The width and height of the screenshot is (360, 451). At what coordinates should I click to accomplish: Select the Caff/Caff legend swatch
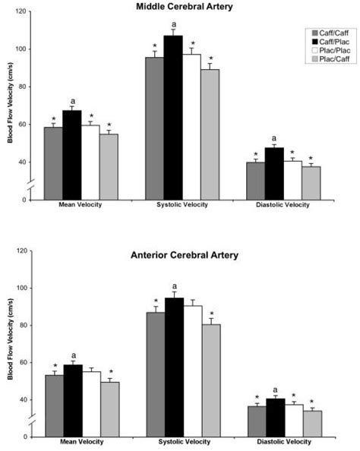pos(311,33)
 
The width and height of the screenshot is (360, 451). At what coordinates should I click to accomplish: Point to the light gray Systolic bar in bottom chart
pos(210,380)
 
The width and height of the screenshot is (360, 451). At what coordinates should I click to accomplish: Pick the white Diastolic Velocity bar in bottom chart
pos(292,420)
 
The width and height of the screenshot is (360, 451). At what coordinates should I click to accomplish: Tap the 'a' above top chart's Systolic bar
pos(173,24)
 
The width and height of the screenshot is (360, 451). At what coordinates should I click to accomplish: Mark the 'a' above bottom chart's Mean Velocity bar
pos(73,355)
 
